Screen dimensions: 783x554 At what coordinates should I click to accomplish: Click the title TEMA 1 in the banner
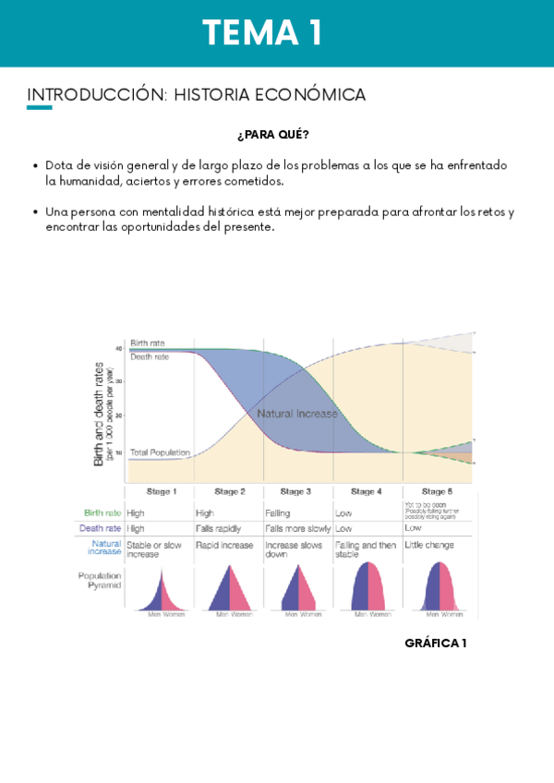[x=263, y=33]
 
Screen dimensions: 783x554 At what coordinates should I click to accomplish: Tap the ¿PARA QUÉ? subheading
[x=272, y=135]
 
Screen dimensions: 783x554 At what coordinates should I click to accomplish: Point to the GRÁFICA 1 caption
[x=435, y=643]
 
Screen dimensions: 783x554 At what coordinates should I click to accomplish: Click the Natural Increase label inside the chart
[x=297, y=414]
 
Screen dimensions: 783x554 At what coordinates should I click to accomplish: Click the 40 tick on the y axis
[x=119, y=348]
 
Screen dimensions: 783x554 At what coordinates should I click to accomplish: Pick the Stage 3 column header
[x=295, y=491]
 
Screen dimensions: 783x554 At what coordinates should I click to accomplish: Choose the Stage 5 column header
[x=437, y=491]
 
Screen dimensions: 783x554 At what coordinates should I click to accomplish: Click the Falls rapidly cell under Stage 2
[x=218, y=529]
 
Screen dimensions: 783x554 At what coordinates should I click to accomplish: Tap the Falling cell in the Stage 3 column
[x=278, y=512]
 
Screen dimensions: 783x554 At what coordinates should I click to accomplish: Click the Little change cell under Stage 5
[x=429, y=546]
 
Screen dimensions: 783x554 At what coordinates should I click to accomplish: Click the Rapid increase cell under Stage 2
[x=224, y=546]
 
